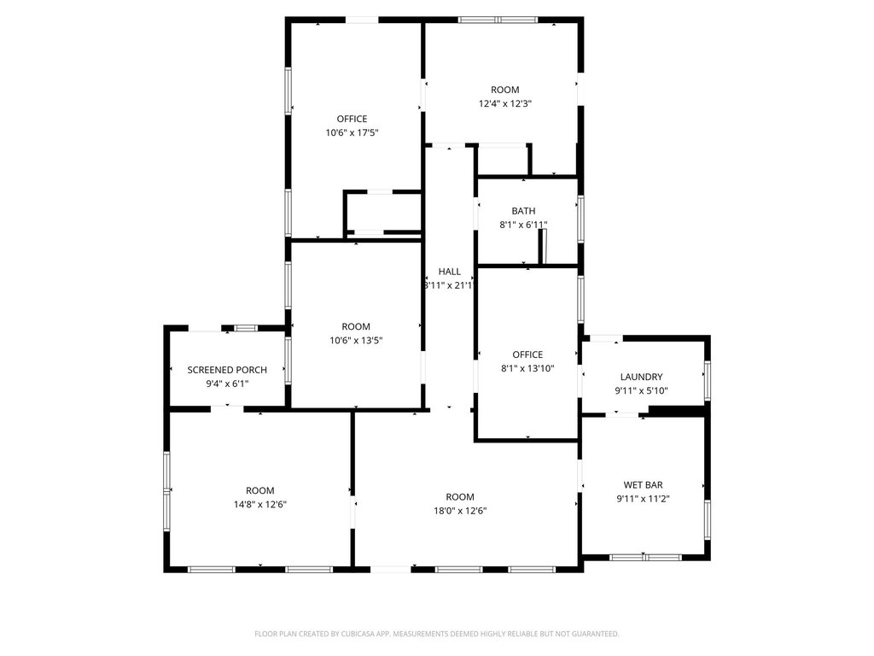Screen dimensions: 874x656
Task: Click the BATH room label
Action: point(523,211)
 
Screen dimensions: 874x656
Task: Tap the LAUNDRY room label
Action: point(642,377)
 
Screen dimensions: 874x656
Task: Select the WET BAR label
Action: point(644,485)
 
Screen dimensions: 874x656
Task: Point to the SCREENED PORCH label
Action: point(227,370)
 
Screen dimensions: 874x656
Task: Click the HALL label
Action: point(449,272)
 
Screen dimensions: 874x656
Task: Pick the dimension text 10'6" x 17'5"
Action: point(353,132)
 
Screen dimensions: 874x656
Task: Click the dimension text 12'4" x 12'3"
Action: point(505,103)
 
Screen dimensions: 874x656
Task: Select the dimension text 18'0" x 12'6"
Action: point(460,511)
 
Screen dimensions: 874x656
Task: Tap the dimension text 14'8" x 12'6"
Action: point(260,505)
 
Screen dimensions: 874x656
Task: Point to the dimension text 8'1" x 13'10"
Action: point(527,369)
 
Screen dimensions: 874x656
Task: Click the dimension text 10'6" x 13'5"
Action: point(356,341)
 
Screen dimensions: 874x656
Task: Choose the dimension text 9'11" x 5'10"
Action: point(642,391)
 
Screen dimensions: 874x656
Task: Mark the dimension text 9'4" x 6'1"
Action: point(227,384)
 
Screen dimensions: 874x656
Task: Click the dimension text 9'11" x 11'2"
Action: point(644,499)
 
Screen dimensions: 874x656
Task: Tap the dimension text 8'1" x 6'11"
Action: point(523,225)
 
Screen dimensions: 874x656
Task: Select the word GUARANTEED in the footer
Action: point(597,634)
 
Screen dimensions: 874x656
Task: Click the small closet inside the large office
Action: point(383,212)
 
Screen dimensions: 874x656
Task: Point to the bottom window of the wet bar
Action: point(645,557)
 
